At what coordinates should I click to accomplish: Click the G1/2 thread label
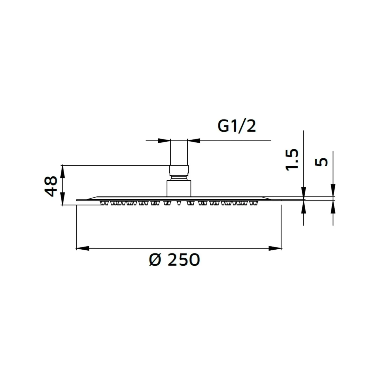pyautogui.click(x=237, y=126)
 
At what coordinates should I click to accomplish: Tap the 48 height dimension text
pyautogui.click(x=51, y=186)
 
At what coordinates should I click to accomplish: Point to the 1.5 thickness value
pyautogui.click(x=292, y=160)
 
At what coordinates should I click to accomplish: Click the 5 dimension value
pyautogui.click(x=321, y=162)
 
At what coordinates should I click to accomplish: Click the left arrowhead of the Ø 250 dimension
pyautogui.click(x=83, y=248)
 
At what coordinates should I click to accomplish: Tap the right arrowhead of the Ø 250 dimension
pyautogui.click(x=275, y=248)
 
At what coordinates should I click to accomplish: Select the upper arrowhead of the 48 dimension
pyautogui.click(x=62, y=171)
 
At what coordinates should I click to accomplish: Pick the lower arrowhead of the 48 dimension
pyautogui.click(x=62, y=199)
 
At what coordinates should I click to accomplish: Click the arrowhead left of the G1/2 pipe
pyautogui.click(x=164, y=141)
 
